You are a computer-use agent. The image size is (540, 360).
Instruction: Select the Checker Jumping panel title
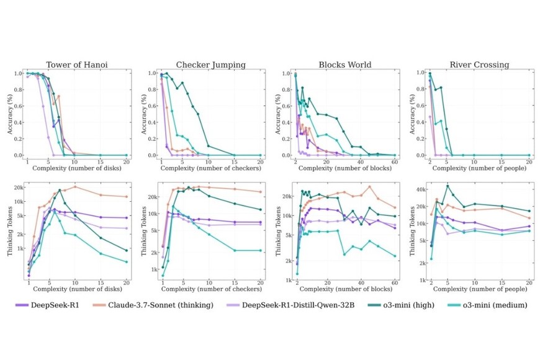[210, 65]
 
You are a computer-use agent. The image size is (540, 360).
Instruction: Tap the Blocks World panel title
[345, 65]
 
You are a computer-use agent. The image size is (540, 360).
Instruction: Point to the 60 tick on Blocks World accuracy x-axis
[395, 162]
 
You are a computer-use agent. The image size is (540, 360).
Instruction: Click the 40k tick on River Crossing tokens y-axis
[420, 189]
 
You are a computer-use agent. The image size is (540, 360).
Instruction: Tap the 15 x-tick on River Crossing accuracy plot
[502, 162]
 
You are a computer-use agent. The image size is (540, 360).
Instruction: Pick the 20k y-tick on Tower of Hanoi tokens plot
[19, 187]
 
